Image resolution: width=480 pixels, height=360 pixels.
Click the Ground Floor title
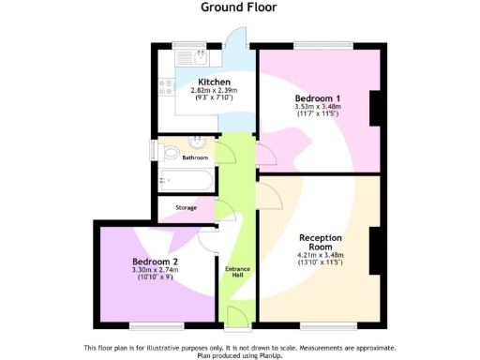[239, 7]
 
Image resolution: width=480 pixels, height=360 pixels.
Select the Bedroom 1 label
[317, 98]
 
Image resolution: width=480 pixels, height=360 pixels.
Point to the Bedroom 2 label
[155, 262]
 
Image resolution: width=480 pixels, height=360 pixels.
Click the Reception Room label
[320, 243]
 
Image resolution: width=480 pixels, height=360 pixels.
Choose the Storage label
[186, 207]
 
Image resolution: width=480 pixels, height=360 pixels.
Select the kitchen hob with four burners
[165, 87]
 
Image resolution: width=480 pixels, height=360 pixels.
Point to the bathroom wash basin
[197, 143]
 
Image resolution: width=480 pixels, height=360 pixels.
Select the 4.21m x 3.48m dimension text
[320, 258]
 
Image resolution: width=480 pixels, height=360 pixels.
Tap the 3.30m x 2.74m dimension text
[155, 271]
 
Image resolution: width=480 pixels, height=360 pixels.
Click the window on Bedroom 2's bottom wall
[155, 325]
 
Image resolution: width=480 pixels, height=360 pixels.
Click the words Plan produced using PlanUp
[239, 355]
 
